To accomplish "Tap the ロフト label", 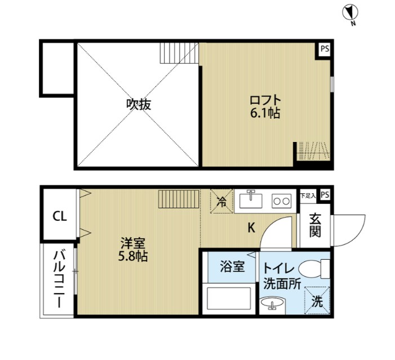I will coord(265,101).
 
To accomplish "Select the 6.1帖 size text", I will coord(265,113).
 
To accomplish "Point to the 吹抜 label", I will coord(139,104).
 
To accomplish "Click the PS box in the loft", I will coord(325,48).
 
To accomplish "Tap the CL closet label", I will coord(60,216).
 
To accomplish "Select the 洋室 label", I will coord(133,243).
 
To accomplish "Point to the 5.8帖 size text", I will coord(134,256).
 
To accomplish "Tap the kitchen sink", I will coord(251,200).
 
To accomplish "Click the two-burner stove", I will coord(280,200).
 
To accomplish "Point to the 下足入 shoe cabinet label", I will coord(308,195).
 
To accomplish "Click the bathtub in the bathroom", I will coord(230,298).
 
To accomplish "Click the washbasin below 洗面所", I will coord(273,305).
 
